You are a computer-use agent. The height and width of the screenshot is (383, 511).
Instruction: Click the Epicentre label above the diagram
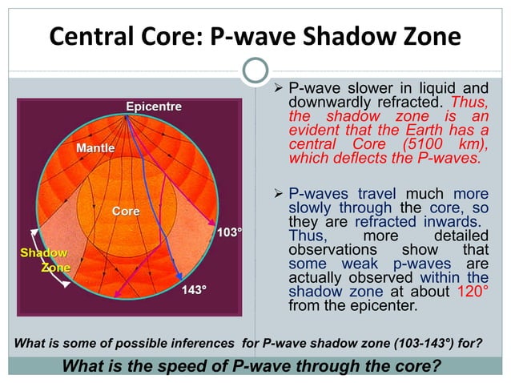click(153, 107)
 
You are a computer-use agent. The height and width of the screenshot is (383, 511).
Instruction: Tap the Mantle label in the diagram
click(95, 148)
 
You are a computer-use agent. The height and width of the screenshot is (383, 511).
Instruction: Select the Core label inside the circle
click(125, 212)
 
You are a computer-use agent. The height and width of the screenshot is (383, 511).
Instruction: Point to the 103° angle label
click(230, 233)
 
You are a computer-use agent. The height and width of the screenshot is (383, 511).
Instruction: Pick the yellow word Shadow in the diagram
click(43, 253)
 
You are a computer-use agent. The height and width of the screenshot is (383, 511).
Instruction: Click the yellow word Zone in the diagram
click(55, 268)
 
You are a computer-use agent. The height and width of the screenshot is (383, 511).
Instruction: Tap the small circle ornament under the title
click(255, 71)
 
